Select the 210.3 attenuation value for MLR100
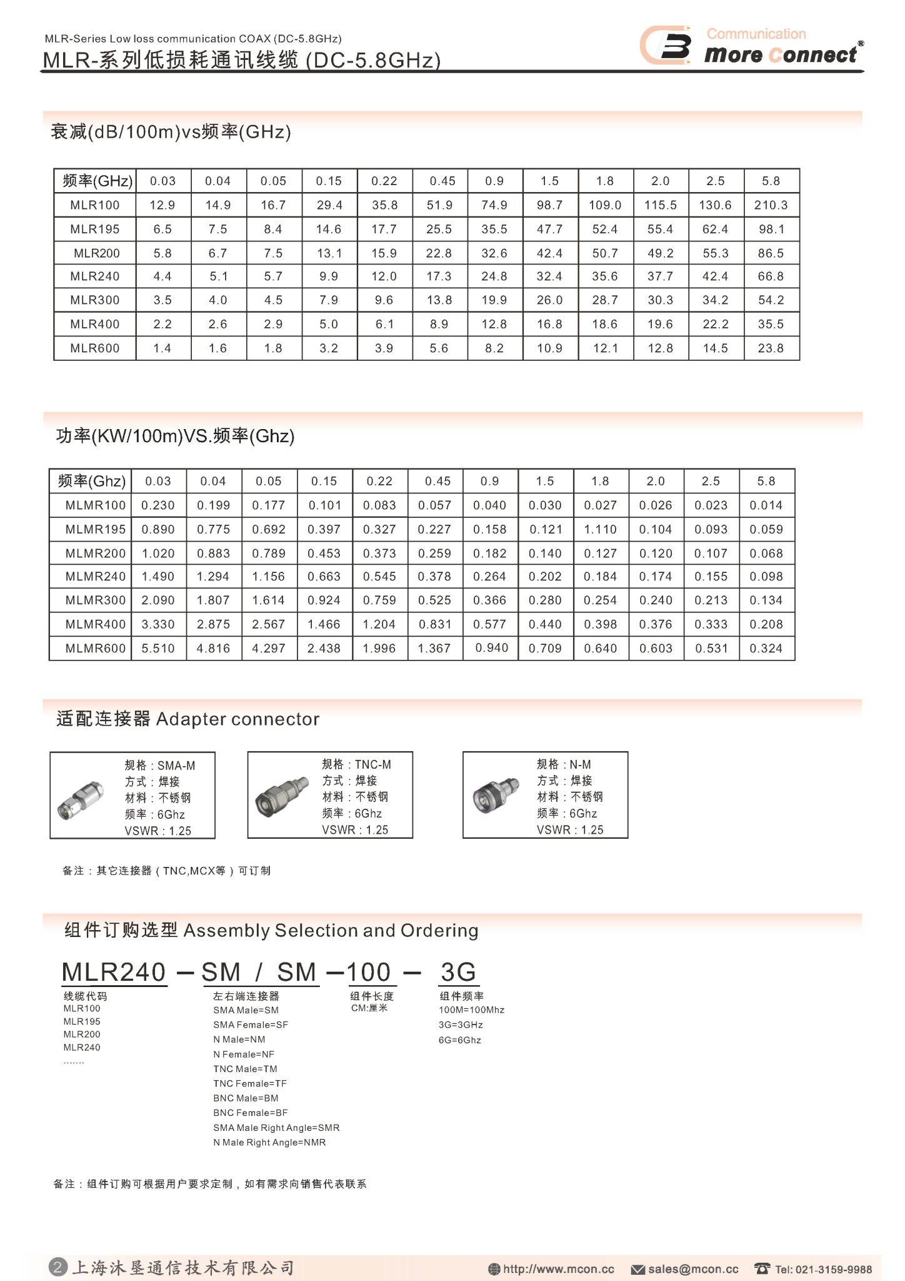(x=771, y=205)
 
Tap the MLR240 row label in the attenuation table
(x=94, y=276)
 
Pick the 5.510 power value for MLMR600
(x=158, y=649)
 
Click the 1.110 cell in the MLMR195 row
(x=600, y=530)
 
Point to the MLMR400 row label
(x=95, y=624)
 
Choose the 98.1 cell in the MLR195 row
(x=771, y=230)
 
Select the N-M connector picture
(x=496, y=795)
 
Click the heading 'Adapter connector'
(x=237, y=719)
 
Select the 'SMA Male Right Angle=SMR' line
(x=276, y=1128)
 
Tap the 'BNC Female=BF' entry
(x=250, y=1113)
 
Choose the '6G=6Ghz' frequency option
(x=459, y=1040)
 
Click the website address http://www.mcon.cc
(x=558, y=1269)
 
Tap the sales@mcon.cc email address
(x=692, y=1269)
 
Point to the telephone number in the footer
(x=823, y=1269)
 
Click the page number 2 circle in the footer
(x=57, y=1267)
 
